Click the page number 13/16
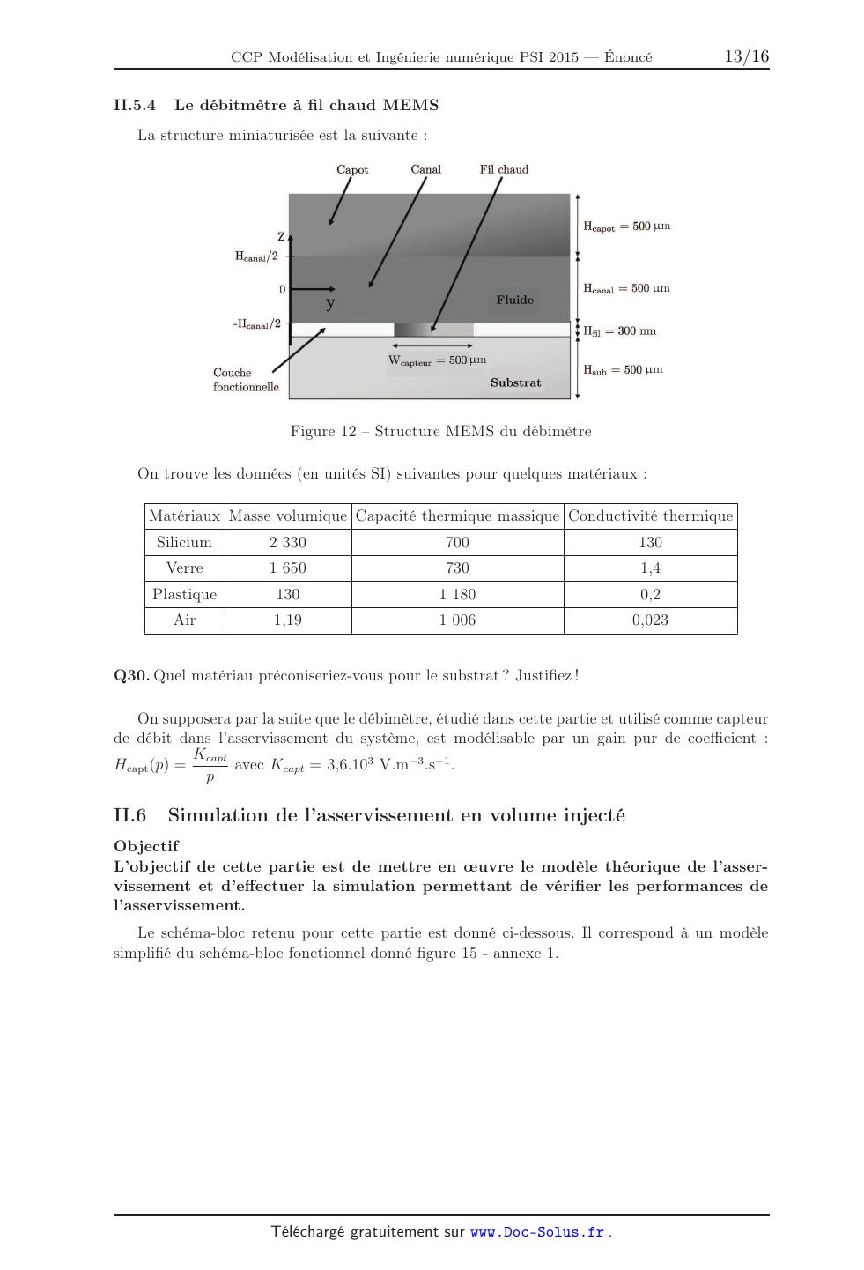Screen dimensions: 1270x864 click(x=746, y=56)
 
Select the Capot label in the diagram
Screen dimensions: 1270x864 click(x=352, y=169)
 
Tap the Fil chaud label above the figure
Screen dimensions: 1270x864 click(x=504, y=169)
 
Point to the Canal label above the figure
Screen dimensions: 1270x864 click(x=426, y=169)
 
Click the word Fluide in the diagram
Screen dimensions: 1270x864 click(x=514, y=300)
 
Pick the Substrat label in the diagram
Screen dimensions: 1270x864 click(x=515, y=382)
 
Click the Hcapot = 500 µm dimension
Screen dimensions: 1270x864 click(x=626, y=227)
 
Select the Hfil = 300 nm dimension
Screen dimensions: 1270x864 click(x=619, y=331)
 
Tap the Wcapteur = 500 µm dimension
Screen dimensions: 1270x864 click(x=437, y=360)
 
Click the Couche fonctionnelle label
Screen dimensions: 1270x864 click(x=245, y=380)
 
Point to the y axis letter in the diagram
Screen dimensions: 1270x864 click(x=330, y=304)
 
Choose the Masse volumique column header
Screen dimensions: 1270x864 click(x=288, y=516)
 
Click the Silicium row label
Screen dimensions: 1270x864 click(x=184, y=542)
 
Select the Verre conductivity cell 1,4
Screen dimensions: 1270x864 click(x=650, y=568)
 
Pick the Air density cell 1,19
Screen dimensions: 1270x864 click(x=288, y=620)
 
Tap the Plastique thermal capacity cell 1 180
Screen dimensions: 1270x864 click(x=457, y=594)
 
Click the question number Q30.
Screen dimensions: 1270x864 click(x=131, y=675)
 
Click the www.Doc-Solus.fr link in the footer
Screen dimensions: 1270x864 click(x=537, y=1232)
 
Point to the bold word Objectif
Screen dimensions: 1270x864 click(x=145, y=846)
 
